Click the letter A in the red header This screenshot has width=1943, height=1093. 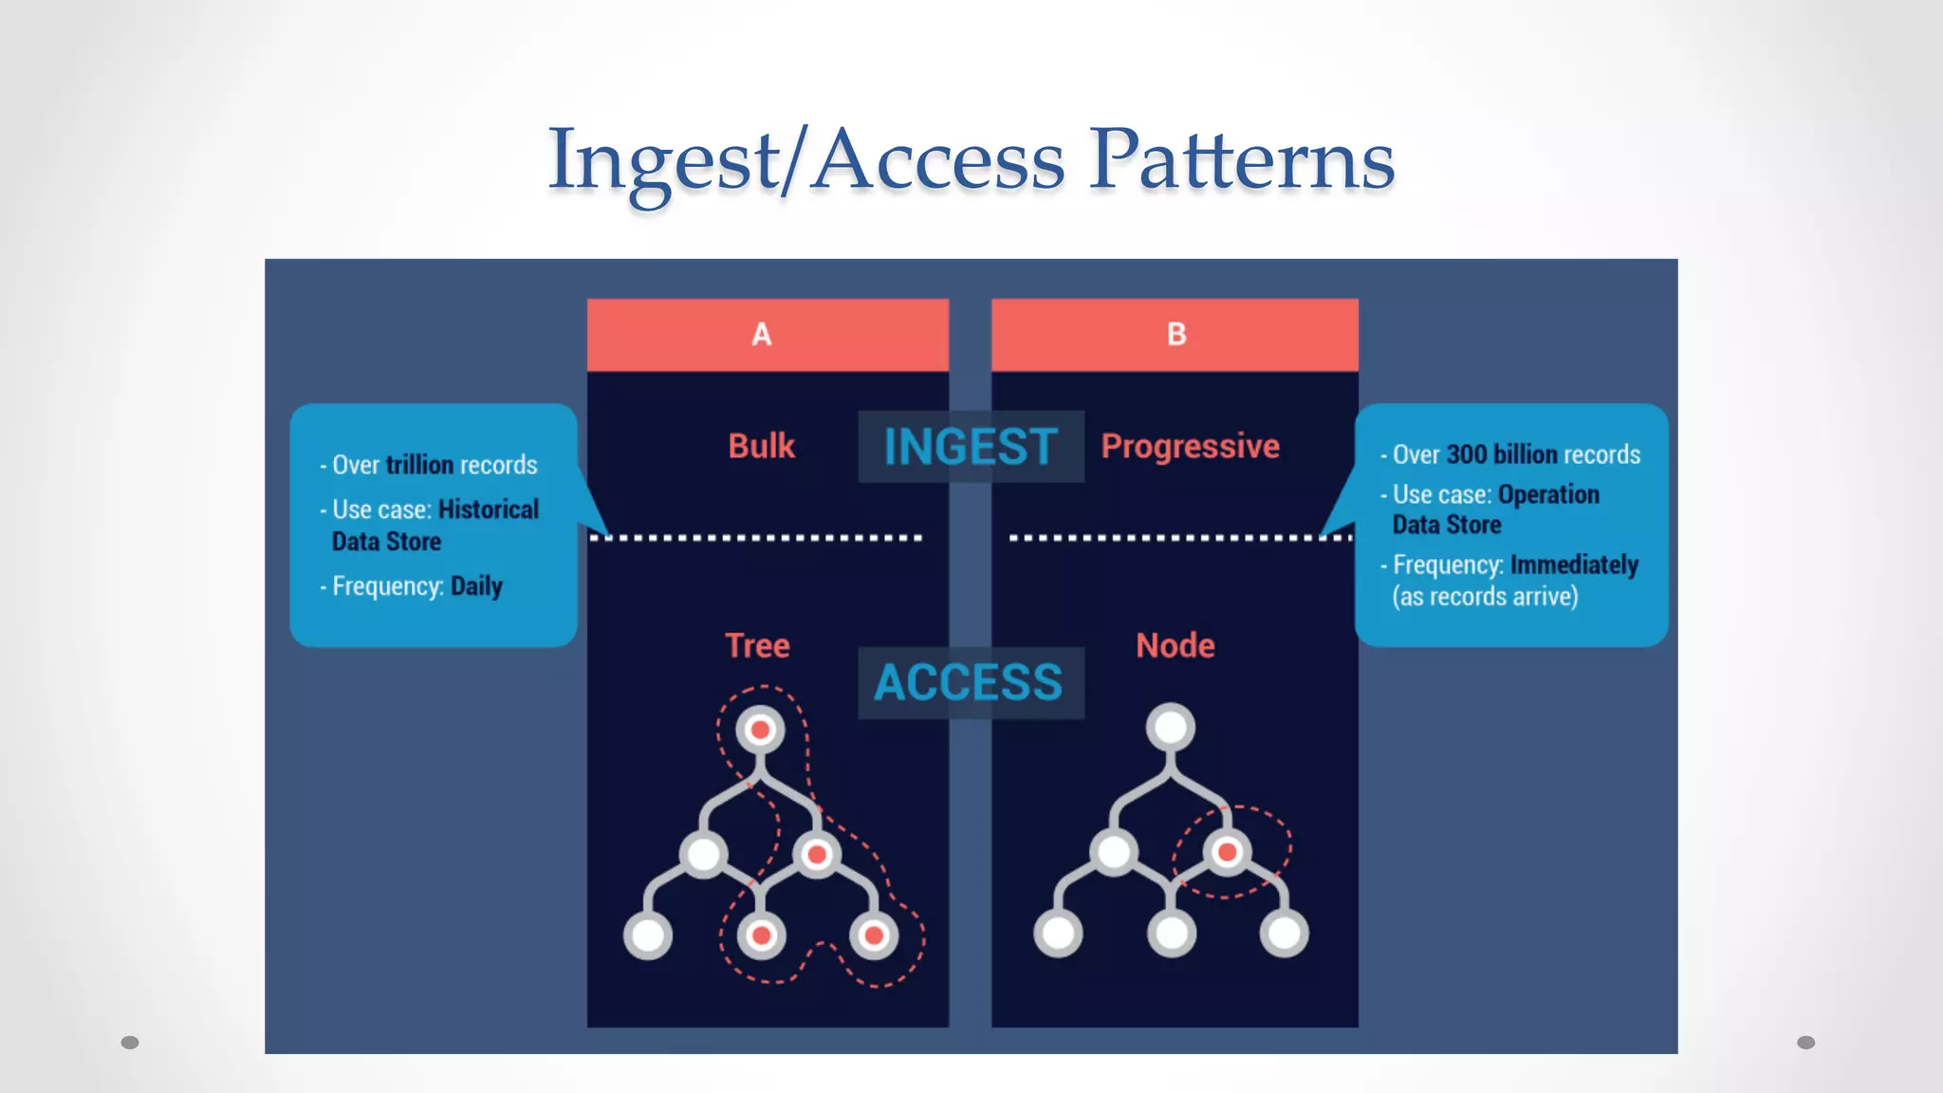tap(762, 334)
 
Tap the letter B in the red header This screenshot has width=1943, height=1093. tap(1176, 334)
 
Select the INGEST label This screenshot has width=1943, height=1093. tap(971, 446)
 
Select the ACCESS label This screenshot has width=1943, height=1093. tap(969, 682)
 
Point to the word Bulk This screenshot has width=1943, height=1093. tap(761, 446)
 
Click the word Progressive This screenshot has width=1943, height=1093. tap(1190, 446)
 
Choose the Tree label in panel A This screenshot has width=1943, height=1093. tap(757, 645)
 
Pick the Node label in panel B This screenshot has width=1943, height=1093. tap(1175, 645)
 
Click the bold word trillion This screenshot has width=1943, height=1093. tap(419, 465)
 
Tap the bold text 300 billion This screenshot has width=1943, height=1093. tap(1502, 454)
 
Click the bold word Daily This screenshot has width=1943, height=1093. tap(476, 586)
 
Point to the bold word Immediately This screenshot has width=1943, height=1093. tap(1575, 565)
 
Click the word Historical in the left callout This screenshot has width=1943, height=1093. tap(488, 509)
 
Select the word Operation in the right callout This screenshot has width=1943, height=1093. tap(1548, 494)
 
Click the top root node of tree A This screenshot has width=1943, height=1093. tap(760, 730)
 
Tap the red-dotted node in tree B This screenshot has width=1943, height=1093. tap(1227, 852)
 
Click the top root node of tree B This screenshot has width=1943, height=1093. tap(1171, 728)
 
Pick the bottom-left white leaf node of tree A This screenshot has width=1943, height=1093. tap(648, 935)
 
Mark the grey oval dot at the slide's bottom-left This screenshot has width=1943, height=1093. tap(130, 1043)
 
